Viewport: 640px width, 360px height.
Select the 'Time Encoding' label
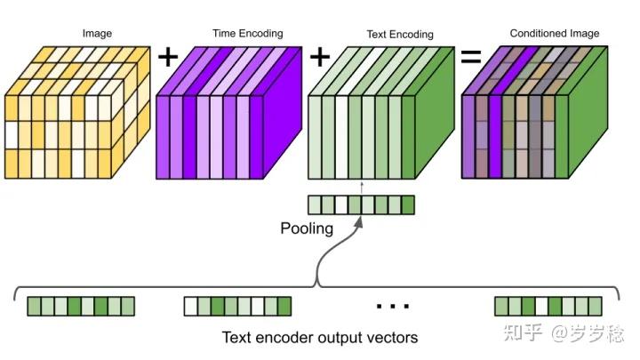(247, 34)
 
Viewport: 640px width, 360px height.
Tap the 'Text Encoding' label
(399, 35)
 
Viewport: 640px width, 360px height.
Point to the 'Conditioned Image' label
(554, 34)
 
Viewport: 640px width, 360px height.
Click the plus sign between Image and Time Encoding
(168, 58)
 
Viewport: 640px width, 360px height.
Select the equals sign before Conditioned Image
(470, 58)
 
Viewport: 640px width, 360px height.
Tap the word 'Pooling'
(307, 228)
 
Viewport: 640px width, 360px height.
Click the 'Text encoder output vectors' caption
(319, 338)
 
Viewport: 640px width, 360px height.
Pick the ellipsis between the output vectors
(392, 307)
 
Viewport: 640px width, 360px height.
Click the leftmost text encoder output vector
(80, 307)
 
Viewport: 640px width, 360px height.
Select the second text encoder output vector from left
(237, 307)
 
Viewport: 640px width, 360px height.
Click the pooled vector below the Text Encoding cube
(361, 205)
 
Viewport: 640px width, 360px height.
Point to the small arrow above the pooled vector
(363, 186)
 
